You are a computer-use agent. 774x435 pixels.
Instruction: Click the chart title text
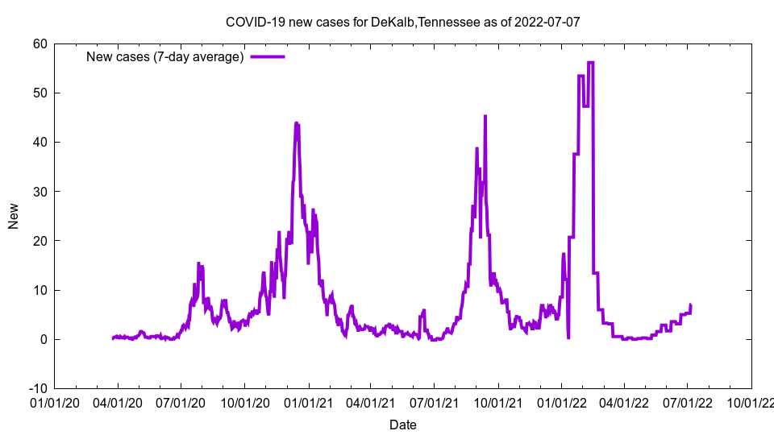(x=402, y=22)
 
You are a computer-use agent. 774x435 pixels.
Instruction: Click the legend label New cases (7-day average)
(x=164, y=56)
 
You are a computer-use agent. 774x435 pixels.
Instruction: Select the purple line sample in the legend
(x=267, y=56)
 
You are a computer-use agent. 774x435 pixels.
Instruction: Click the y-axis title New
(x=14, y=216)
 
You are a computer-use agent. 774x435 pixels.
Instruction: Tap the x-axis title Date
(x=402, y=425)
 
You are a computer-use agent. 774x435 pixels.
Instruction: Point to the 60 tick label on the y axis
(x=40, y=43)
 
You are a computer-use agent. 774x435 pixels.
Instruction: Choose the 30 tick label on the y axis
(x=40, y=191)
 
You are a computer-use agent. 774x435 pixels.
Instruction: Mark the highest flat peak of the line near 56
(x=591, y=62)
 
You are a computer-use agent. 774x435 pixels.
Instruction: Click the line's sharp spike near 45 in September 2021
(x=485, y=116)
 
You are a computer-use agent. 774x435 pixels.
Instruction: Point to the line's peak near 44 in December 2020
(x=297, y=123)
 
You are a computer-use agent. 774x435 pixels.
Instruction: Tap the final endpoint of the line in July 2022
(x=691, y=304)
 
